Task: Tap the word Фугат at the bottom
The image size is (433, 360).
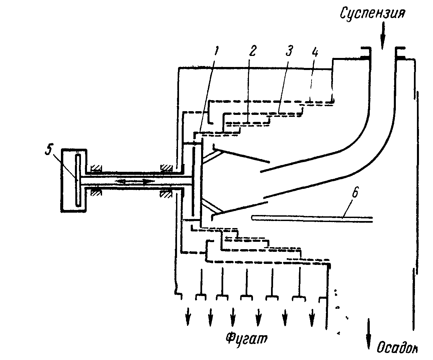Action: pyautogui.click(x=246, y=339)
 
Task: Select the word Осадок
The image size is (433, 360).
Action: pyautogui.click(x=397, y=348)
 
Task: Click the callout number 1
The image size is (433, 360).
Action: pyautogui.click(x=216, y=51)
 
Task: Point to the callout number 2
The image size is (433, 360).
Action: pyautogui.click(x=252, y=51)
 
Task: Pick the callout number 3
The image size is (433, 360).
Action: pyautogui.click(x=289, y=51)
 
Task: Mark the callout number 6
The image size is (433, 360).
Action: pyautogui.click(x=355, y=193)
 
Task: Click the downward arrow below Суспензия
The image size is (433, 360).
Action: pyautogui.click(x=383, y=35)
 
